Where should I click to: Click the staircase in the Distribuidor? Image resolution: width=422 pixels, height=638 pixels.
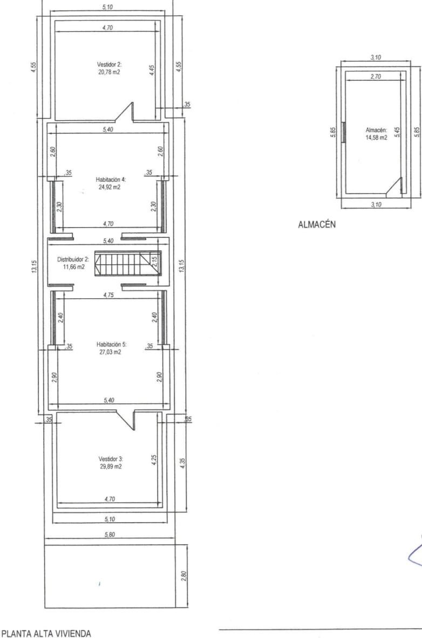pos(126,263)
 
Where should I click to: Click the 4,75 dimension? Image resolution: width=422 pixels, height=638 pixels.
pos(108,296)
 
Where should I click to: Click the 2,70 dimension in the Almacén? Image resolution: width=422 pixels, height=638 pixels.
pos(376,76)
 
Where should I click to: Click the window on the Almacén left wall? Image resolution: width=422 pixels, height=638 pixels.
pos(344,132)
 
